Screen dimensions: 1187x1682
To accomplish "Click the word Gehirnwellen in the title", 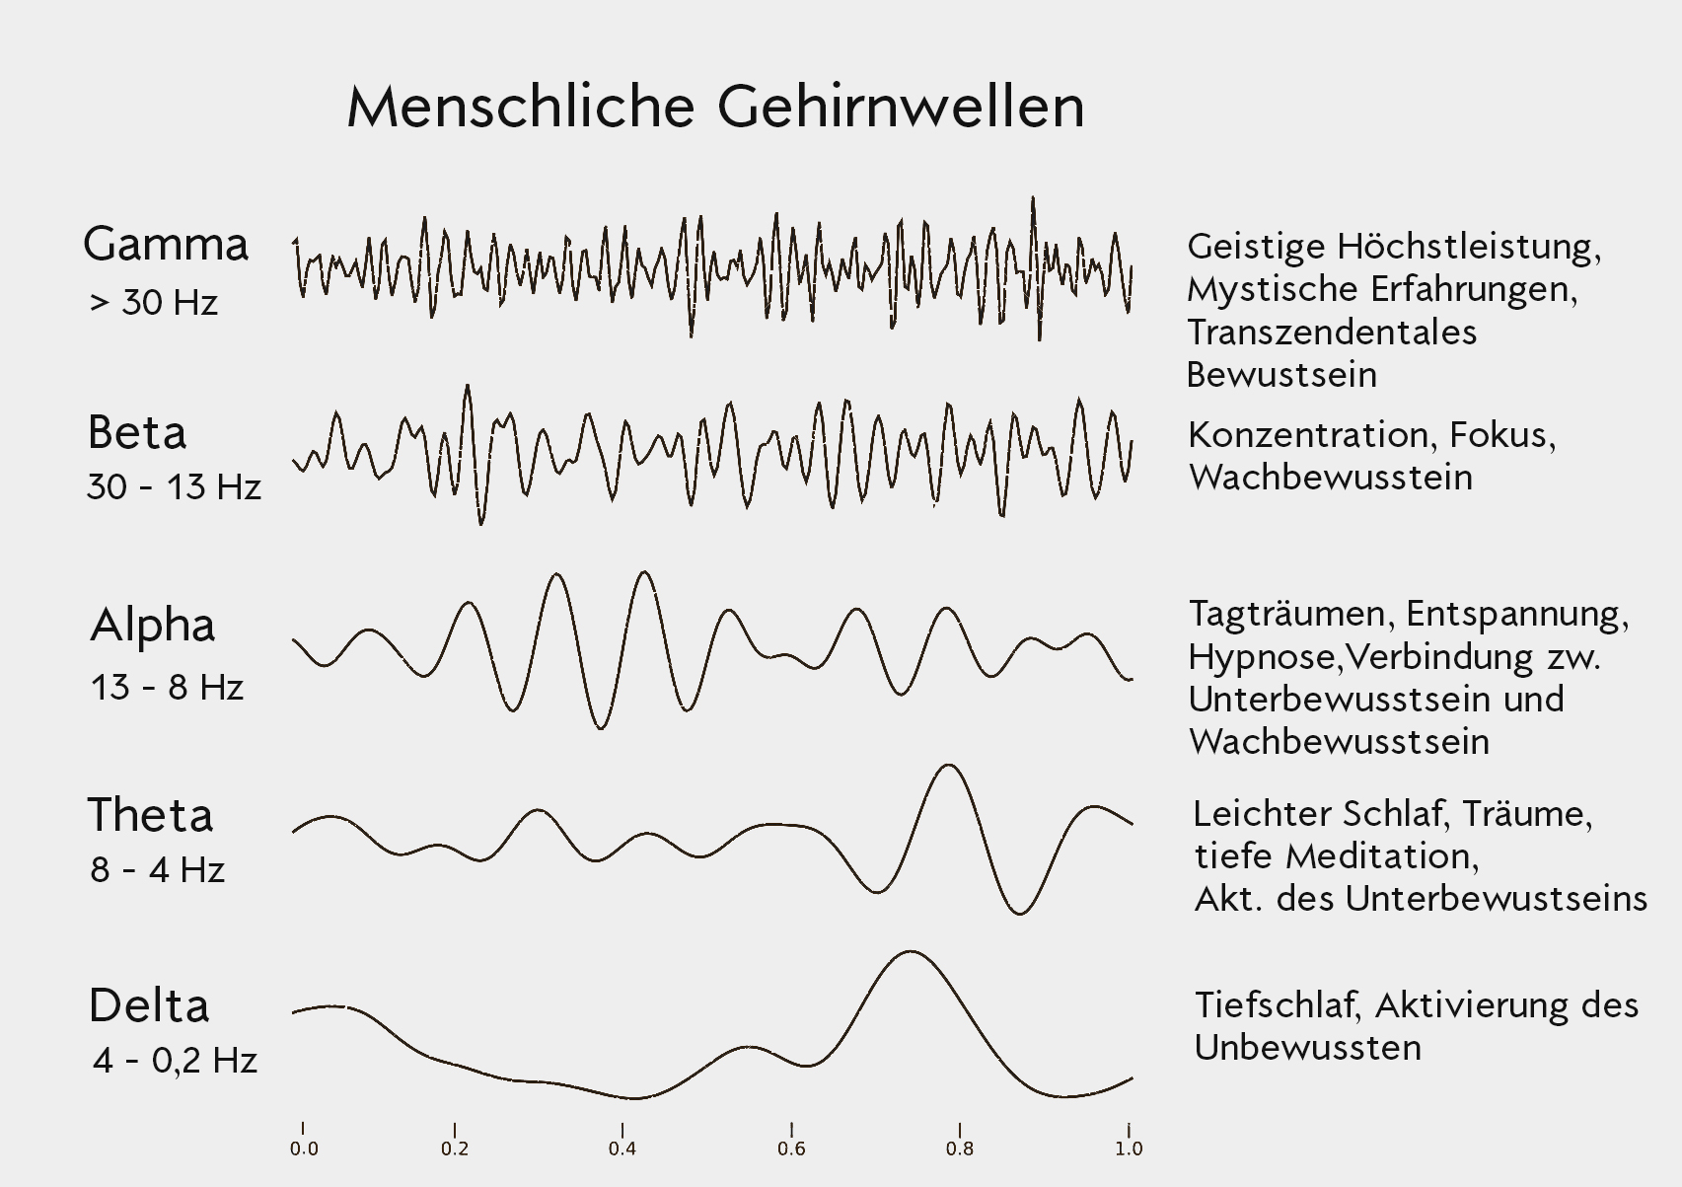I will pos(901,107).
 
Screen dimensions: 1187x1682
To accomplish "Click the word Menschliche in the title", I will pos(521,107).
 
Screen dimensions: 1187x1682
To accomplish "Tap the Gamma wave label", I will pos(166,244).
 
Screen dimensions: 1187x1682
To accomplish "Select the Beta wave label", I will pos(136,432).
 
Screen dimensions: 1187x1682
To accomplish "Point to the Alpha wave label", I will pos(153,625).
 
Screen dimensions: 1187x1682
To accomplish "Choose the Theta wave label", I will pos(150,815).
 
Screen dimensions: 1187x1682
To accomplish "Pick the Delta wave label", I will pos(149,1005).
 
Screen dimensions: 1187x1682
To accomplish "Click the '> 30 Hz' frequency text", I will pos(153,302).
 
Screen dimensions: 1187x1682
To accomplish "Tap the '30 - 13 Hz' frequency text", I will pos(174,486).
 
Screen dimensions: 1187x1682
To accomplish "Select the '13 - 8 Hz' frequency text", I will pos(167,687).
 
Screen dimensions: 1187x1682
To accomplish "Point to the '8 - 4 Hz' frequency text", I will pos(158,869).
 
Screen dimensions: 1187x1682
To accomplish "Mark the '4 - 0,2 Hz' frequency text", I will pos(175,1060).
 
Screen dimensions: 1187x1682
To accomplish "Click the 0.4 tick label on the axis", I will pos(622,1149).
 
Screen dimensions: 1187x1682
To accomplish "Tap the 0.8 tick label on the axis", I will pos(959,1149).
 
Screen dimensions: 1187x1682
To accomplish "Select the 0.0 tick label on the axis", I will pos(304,1149).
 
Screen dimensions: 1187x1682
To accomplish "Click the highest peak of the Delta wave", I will pos(909,952).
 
